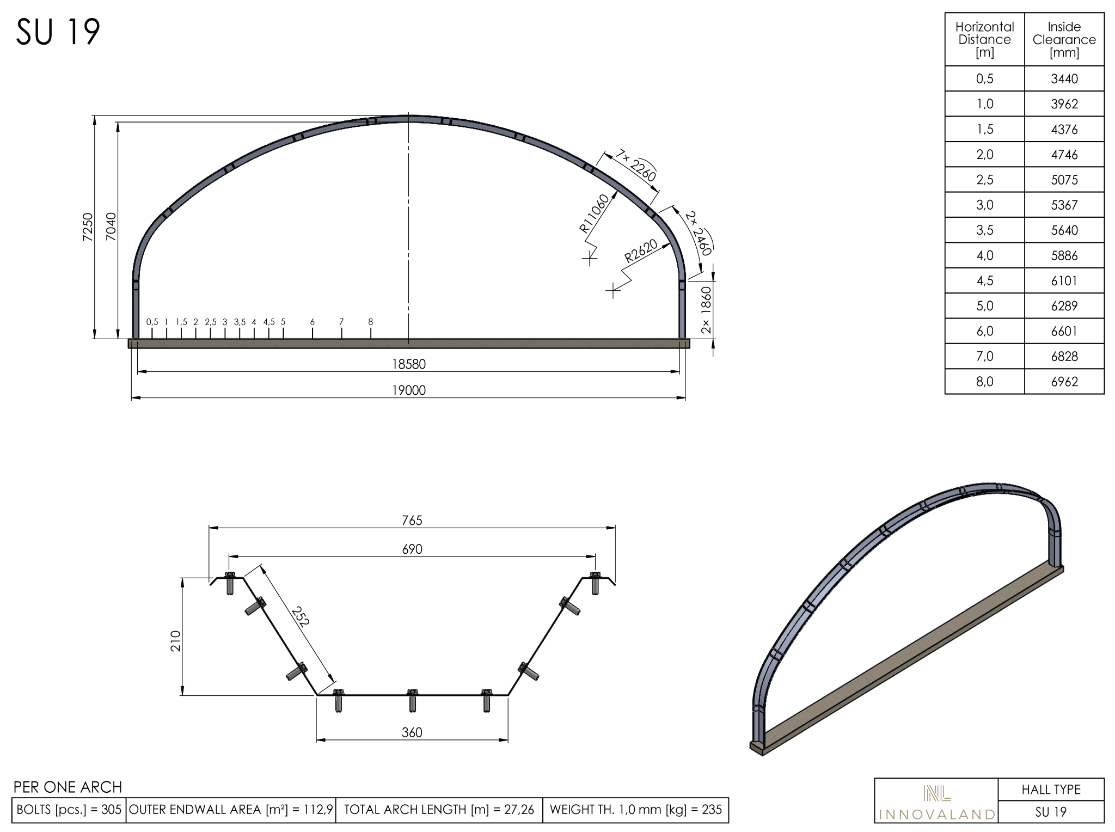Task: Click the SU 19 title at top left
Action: click(x=58, y=32)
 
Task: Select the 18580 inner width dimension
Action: click(x=409, y=364)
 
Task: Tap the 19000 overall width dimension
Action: click(x=409, y=390)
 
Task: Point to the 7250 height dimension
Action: click(x=88, y=227)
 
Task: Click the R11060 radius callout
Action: click(x=594, y=213)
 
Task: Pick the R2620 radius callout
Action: click(x=641, y=251)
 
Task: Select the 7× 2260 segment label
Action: click(x=635, y=165)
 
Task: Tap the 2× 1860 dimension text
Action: click(x=706, y=310)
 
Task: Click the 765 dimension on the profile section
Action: click(x=412, y=521)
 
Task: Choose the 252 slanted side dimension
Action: click(x=300, y=616)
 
